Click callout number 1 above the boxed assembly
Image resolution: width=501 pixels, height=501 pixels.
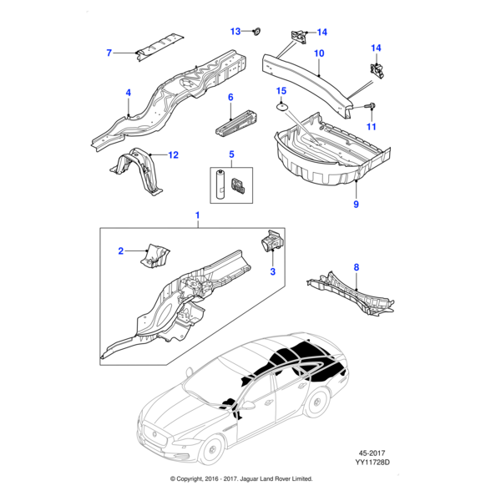198,216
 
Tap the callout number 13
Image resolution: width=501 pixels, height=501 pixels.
235,31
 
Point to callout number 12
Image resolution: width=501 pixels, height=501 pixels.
174,154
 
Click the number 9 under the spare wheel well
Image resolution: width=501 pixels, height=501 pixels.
356,204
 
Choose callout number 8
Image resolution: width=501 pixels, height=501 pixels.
357,267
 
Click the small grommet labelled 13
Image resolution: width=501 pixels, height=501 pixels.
256,33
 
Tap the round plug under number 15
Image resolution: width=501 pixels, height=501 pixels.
283,106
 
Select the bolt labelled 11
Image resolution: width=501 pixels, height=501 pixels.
370,105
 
